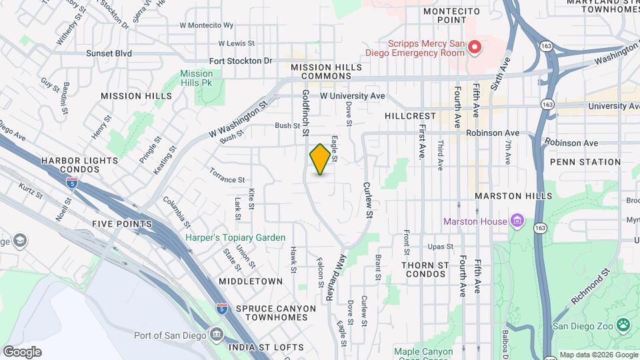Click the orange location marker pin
tap(320, 159)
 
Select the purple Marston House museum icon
tap(516, 221)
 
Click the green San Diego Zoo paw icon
tap(623, 325)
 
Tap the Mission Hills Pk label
tap(196, 79)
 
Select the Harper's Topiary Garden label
tap(235, 237)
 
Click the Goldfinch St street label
tap(305, 113)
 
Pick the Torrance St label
tap(228, 179)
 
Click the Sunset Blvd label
tap(109, 53)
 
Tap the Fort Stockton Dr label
tap(241, 61)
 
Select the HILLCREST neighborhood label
tap(410, 116)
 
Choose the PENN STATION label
tap(585, 162)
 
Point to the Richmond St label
tap(592, 288)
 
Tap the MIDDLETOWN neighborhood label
tap(251, 281)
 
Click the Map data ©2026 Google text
tap(597, 355)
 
